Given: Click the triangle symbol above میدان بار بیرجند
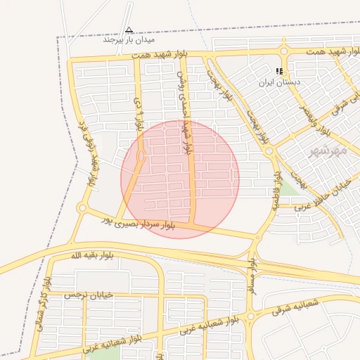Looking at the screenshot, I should [x=129, y=30].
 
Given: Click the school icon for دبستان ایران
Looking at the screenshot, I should [x=280, y=71].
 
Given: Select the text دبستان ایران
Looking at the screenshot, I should [x=279, y=82].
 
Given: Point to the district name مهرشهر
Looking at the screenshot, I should [x=328, y=150].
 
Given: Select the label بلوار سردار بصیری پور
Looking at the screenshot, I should [x=138, y=223].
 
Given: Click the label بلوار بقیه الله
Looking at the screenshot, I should [x=91, y=255].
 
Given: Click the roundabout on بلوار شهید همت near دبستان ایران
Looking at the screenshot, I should [x=284, y=51].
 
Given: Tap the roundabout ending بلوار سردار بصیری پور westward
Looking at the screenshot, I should [x=83, y=207].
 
